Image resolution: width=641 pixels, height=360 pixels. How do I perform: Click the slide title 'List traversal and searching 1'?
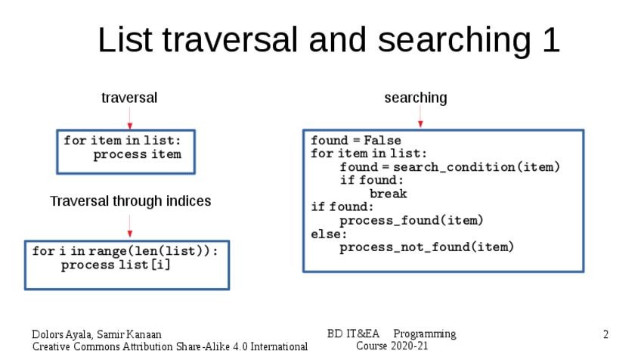pyautogui.click(x=329, y=40)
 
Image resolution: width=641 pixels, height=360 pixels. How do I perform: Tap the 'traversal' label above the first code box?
pyautogui.click(x=129, y=98)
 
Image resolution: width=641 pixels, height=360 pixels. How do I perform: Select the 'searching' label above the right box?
pyautogui.click(x=415, y=98)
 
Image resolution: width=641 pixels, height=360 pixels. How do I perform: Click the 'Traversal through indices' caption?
pyautogui.click(x=130, y=201)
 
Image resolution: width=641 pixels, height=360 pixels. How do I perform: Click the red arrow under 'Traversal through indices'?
pyautogui.click(x=130, y=226)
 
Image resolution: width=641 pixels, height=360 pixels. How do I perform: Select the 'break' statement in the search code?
pyautogui.click(x=388, y=194)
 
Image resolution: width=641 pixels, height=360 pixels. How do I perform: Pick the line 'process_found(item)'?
pyautogui.click(x=410, y=220)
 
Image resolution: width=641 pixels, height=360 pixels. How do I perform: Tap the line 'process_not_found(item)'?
pyautogui.click(x=426, y=247)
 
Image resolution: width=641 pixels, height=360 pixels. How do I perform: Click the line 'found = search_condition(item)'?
pyautogui.click(x=449, y=167)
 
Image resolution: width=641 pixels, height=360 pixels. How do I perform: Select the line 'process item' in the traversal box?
pyautogui.click(x=137, y=154)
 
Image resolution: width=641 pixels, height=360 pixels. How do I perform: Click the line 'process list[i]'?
pyautogui.click(x=116, y=265)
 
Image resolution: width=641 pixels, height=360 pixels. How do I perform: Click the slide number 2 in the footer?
pyautogui.click(x=605, y=334)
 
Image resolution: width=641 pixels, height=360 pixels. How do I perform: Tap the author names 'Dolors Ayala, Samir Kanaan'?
pyautogui.click(x=96, y=334)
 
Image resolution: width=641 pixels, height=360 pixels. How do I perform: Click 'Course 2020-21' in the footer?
pyautogui.click(x=392, y=346)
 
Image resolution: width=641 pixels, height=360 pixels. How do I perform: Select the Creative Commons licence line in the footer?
pyautogui.click(x=169, y=346)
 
